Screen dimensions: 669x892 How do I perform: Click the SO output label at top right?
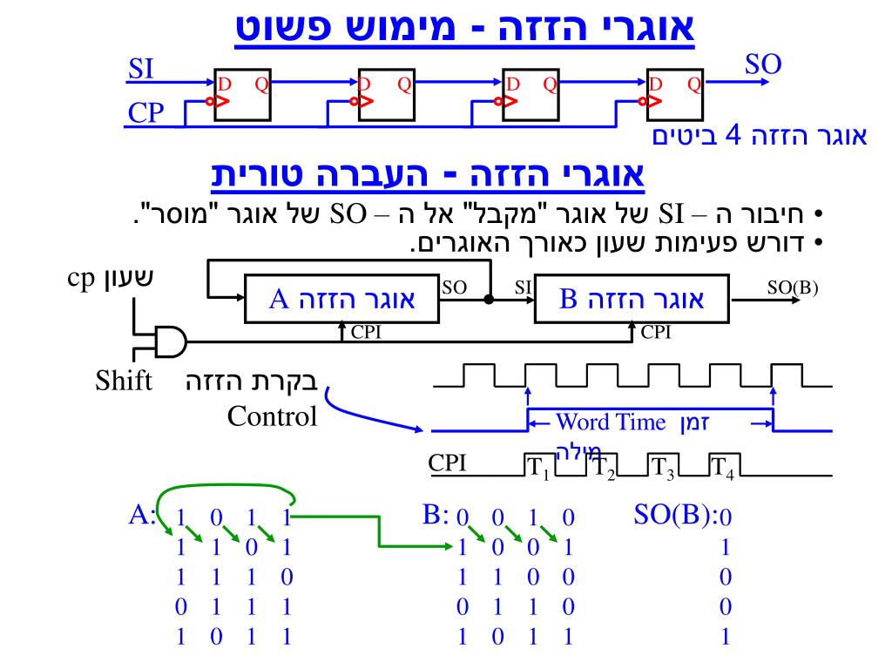coord(763,64)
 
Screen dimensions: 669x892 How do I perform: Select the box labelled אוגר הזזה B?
coord(632,301)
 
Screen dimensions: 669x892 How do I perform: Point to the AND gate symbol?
coord(171,341)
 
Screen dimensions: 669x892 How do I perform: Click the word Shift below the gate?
coord(123,382)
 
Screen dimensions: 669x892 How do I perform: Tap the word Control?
coord(273,416)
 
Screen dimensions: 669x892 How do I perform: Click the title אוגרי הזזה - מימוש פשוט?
coord(466,28)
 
